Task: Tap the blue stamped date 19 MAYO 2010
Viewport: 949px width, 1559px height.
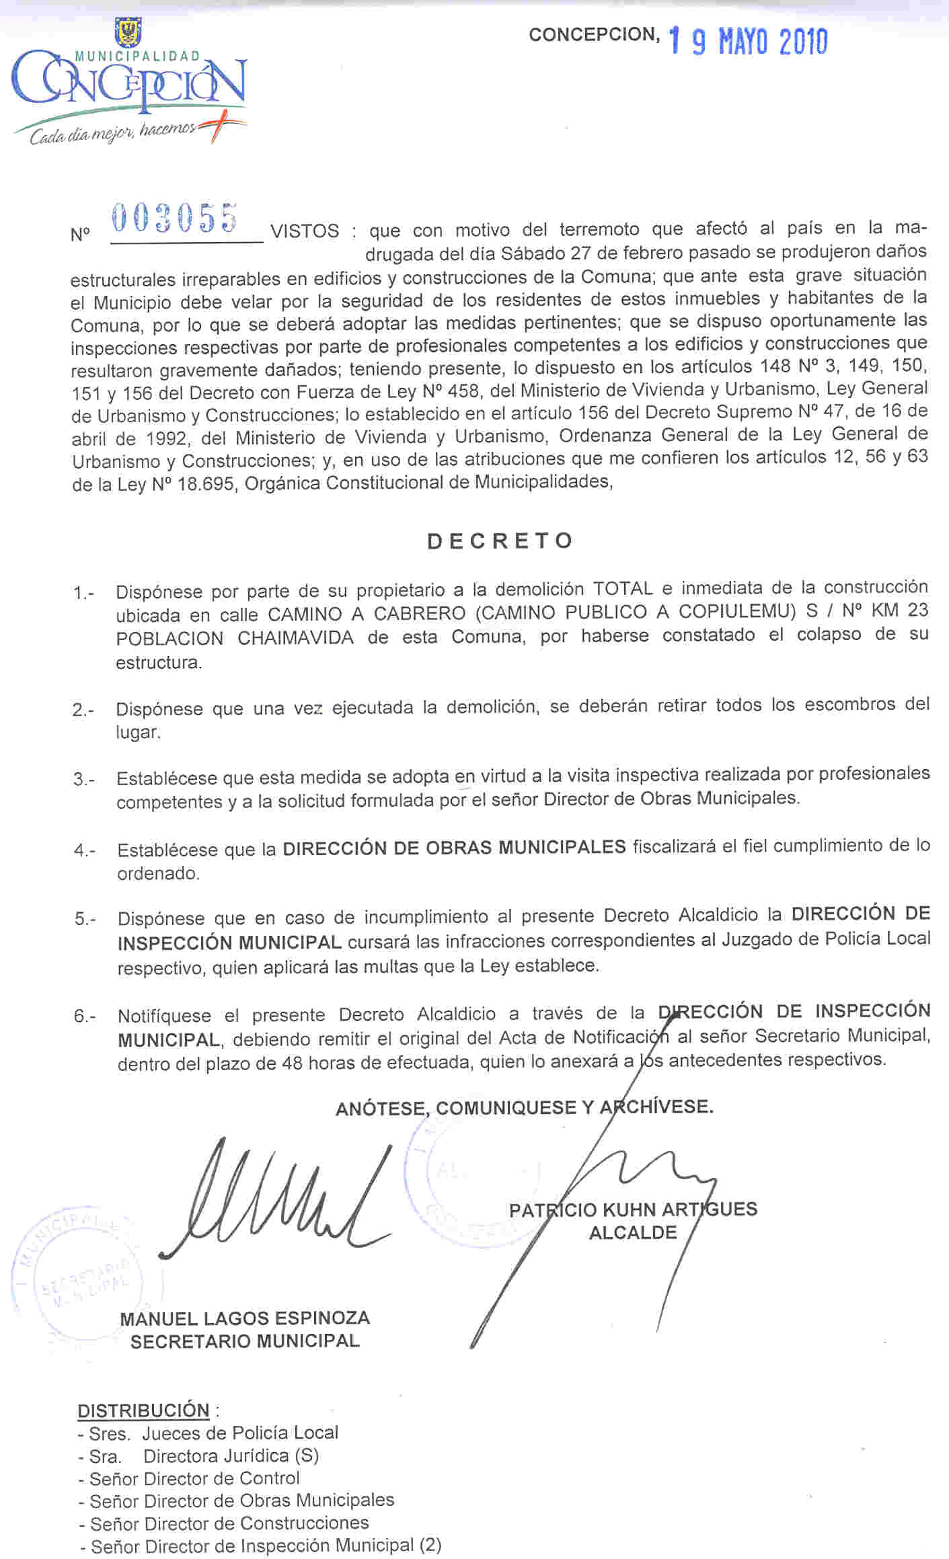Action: [748, 42]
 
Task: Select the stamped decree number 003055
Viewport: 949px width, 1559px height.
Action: [174, 218]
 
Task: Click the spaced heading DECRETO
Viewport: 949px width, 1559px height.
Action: [500, 541]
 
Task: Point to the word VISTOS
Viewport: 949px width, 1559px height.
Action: [305, 231]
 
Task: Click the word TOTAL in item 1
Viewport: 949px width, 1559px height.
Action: [623, 589]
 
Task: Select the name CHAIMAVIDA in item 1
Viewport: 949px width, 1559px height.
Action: [295, 638]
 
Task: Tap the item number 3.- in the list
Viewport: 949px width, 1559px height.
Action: [84, 780]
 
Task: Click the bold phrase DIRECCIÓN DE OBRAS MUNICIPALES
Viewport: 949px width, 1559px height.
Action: [454, 848]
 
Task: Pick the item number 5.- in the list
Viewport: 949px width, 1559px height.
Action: [85, 919]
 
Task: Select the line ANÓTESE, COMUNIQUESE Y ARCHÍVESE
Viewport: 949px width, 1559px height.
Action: [524, 1107]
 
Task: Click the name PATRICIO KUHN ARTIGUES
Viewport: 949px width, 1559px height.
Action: [633, 1210]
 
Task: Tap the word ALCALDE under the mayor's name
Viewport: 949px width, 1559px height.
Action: [633, 1233]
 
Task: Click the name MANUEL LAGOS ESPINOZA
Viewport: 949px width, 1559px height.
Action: [245, 1318]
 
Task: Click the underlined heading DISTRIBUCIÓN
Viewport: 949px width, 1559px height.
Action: [144, 1410]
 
